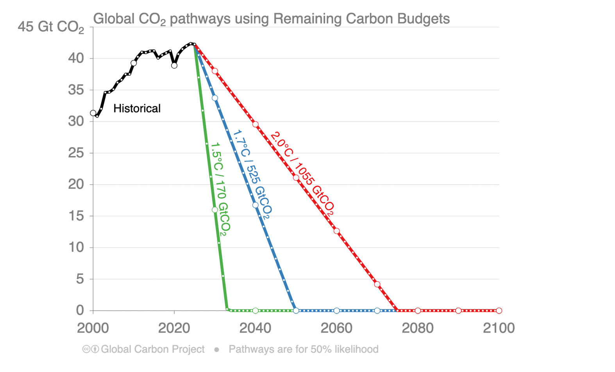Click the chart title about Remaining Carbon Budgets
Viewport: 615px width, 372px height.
click(x=271, y=19)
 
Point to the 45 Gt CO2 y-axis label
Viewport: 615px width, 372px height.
click(x=51, y=27)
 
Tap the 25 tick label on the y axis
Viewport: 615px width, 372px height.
click(x=76, y=153)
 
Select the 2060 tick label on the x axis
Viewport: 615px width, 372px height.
click(x=336, y=328)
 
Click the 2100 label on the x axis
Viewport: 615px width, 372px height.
click(x=499, y=328)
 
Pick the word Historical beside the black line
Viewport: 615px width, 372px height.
click(x=137, y=109)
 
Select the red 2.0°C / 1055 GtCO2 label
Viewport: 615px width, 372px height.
click(x=302, y=174)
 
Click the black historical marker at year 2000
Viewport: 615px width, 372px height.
click(x=93, y=113)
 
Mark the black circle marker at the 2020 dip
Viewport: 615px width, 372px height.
click(x=174, y=66)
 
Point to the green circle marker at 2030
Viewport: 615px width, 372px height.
click(x=215, y=210)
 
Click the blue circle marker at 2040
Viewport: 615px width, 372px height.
click(x=256, y=205)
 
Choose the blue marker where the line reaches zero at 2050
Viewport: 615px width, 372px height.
click(x=296, y=311)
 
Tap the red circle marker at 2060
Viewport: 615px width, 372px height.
click(x=336, y=231)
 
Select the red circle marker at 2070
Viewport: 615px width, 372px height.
click(x=377, y=284)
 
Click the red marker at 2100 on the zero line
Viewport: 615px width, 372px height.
click(x=499, y=311)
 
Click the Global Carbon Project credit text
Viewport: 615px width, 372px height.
click(x=152, y=349)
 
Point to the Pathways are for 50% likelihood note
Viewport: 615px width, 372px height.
click(x=303, y=349)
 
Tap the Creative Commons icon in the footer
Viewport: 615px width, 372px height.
click(x=86, y=349)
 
